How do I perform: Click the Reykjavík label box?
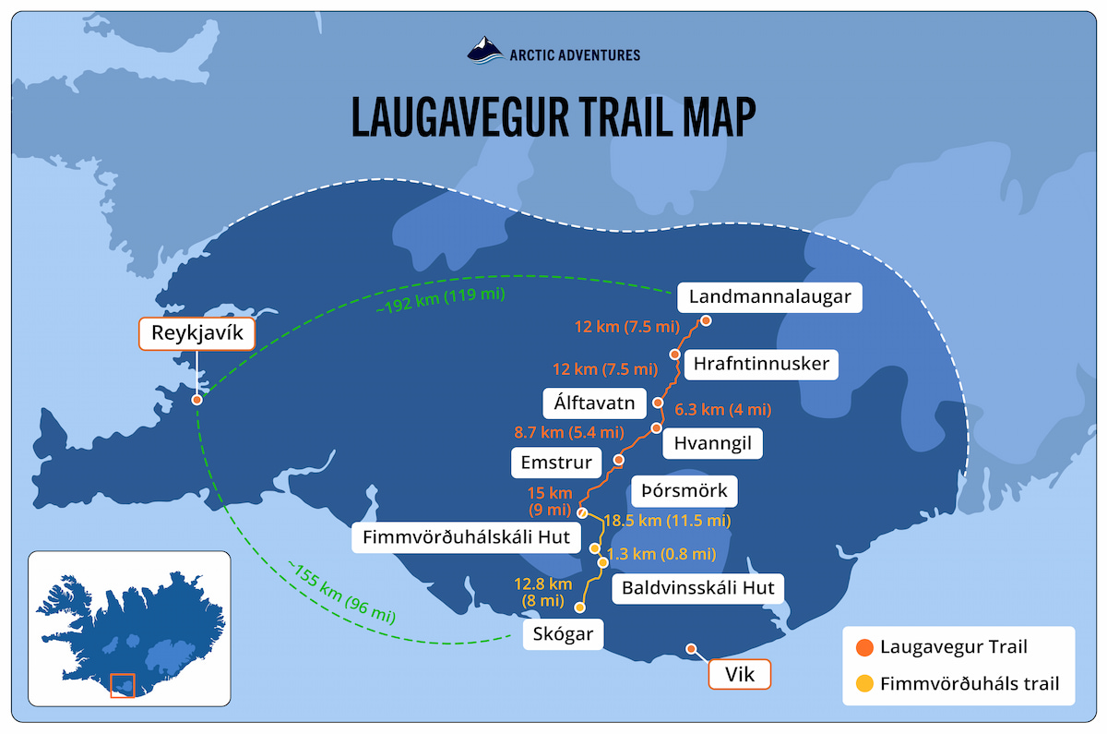click(196, 333)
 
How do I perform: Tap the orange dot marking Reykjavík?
click(197, 400)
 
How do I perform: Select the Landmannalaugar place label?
click(769, 297)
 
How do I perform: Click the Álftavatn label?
click(592, 403)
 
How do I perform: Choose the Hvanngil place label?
click(713, 444)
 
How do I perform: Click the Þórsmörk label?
click(682, 490)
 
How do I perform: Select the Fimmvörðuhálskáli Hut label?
click(466, 536)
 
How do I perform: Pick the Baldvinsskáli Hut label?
click(698, 586)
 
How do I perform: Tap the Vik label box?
click(739, 675)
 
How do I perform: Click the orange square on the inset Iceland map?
click(122, 686)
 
